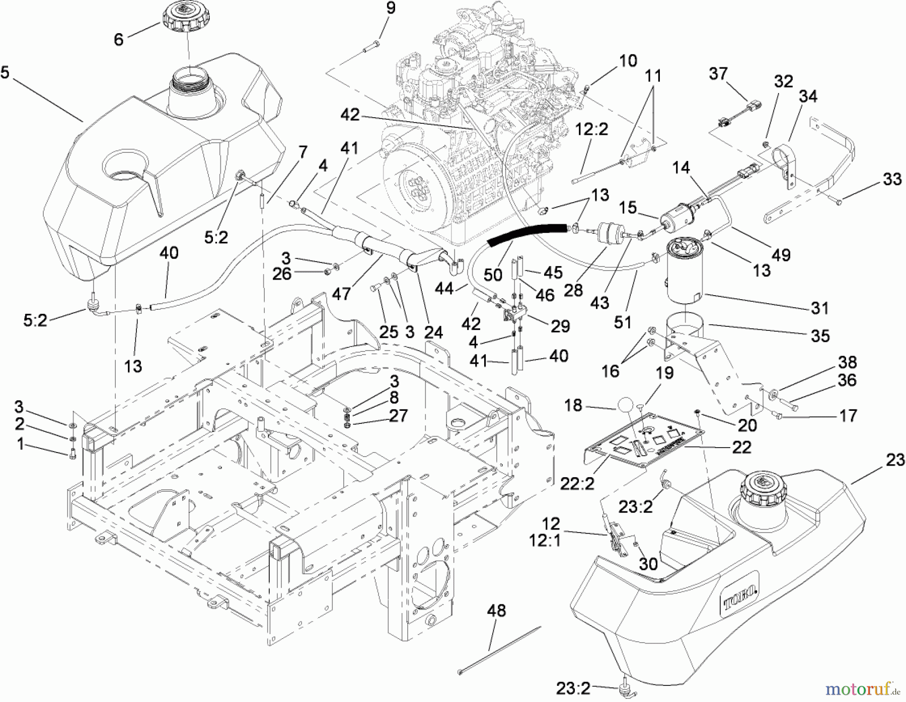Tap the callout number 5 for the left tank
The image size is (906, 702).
(x=5, y=73)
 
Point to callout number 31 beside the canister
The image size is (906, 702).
(x=819, y=308)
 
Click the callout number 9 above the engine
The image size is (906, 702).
(x=391, y=9)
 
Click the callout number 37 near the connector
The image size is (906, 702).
(x=718, y=74)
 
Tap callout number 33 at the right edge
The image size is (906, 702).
(x=892, y=180)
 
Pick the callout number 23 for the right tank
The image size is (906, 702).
(x=894, y=460)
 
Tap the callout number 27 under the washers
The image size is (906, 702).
(x=398, y=416)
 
